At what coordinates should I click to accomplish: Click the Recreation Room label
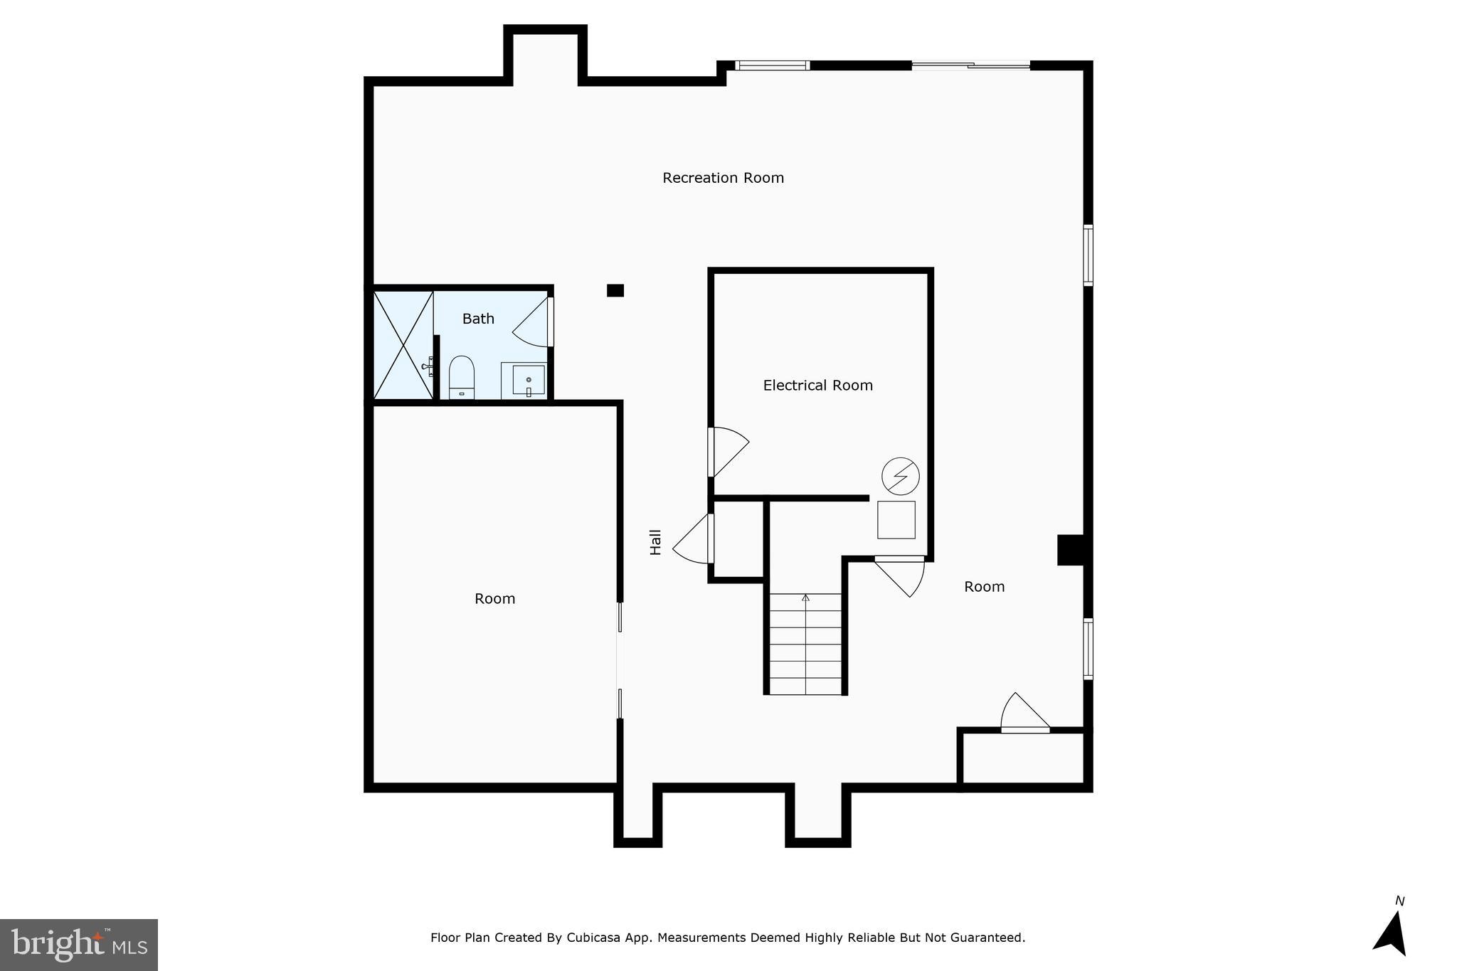pos(723,178)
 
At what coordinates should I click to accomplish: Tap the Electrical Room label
pos(817,386)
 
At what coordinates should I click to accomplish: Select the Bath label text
pos(478,319)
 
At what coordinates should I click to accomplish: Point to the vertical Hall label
pos(655,542)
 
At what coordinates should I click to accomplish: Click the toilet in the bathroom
pos(461,376)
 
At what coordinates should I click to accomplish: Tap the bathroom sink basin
pos(529,379)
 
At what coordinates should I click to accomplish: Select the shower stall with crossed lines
pos(403,345)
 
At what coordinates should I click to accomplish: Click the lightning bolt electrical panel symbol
pos(900,476)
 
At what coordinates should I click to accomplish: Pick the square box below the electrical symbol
pos(896,520)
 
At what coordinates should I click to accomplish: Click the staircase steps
pos(805,644)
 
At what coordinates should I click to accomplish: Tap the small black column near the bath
pos(615,290)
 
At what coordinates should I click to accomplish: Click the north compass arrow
pos(1392,931)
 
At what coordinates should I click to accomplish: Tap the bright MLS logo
pos(79,945)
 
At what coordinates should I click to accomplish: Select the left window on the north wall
pos(772,65)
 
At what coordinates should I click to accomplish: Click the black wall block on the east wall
pos(1070,550)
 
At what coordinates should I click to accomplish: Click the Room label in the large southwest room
pos(494,599)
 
